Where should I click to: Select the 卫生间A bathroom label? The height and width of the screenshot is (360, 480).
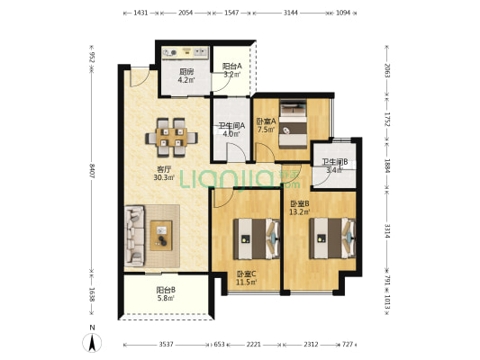pos(231,126)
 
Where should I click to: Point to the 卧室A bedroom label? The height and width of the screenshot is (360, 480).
pos(266,121)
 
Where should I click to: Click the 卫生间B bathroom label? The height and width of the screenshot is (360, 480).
pos(334,162)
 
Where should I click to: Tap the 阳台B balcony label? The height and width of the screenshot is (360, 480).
pos(166,290)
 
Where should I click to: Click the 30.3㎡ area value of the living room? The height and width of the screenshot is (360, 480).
pos(164,177)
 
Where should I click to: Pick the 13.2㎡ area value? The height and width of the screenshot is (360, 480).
pos(300,211)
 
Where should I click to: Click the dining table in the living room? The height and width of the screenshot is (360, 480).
pos(171,138)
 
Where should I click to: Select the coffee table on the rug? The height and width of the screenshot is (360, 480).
pos(161,236)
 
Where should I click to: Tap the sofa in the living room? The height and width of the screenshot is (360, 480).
pos(134,236)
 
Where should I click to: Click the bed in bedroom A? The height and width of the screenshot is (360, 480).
pos(294,125)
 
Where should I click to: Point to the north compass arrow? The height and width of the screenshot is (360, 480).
pos(92,343)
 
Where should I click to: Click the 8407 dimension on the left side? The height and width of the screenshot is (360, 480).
pos(92,172)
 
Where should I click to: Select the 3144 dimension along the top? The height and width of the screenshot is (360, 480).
pos(291,13)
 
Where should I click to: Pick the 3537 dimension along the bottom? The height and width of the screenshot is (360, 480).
pos(167,345)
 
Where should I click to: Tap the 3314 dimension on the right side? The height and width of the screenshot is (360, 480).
pos(387,231)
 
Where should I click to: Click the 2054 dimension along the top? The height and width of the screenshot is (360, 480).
pos(186,13)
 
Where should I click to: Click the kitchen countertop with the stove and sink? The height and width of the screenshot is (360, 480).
pos(186,52)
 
